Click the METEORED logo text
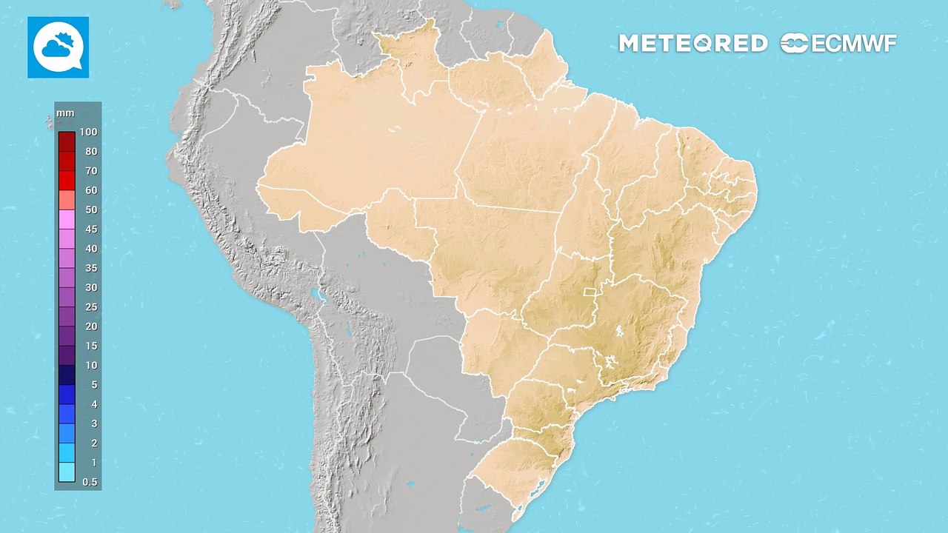pos(692,44)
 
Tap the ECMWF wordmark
pos(838,44)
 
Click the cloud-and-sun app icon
pos(58,47)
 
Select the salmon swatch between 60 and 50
pos(67,200)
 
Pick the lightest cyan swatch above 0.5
pos(67,472)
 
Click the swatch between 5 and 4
pos(67,395)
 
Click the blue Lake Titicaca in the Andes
pos(319,296)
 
